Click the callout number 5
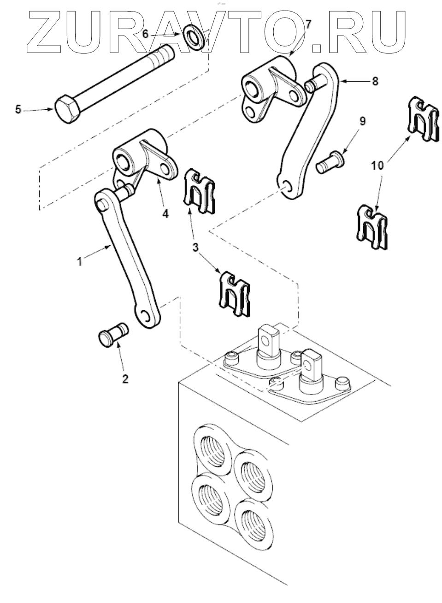pyautogui.click(x=18, y=110)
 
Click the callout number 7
pyautogui.click(x=308, y=25)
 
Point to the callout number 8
pyautogui.click(x=375, y=81)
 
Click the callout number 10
pyautogui.click(x=377, y=166)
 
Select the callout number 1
pyautogui.click(x=80, y=262)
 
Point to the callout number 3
pyautogui.click(x=196, y=247)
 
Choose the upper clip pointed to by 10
pyautogui.click(x=424, y=119)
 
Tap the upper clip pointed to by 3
pyautogui.click(x=200, y=191)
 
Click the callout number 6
pyautogui.click(x=145, y=35)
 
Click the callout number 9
pyautogui.click(x=362, y=122)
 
